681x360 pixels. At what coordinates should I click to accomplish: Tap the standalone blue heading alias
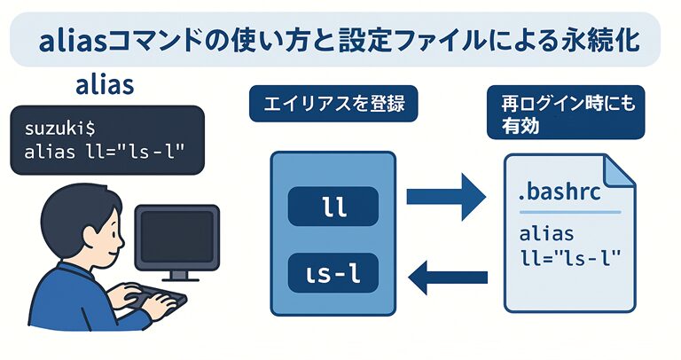coord(105,87)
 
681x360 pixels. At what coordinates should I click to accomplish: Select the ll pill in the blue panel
coord(333,209)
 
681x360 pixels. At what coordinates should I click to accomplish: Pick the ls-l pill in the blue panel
coord(333,272)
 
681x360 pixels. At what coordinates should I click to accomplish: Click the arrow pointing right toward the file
coord(448,197)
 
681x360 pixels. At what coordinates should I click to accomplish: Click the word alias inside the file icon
coord(546,237)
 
